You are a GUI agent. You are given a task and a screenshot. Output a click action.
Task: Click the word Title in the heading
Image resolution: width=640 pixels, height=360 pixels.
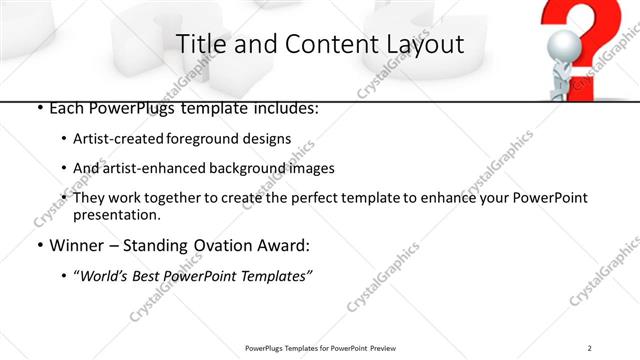click(197, 44)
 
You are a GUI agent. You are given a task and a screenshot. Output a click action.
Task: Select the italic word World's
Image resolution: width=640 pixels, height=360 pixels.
click(103, 276)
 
